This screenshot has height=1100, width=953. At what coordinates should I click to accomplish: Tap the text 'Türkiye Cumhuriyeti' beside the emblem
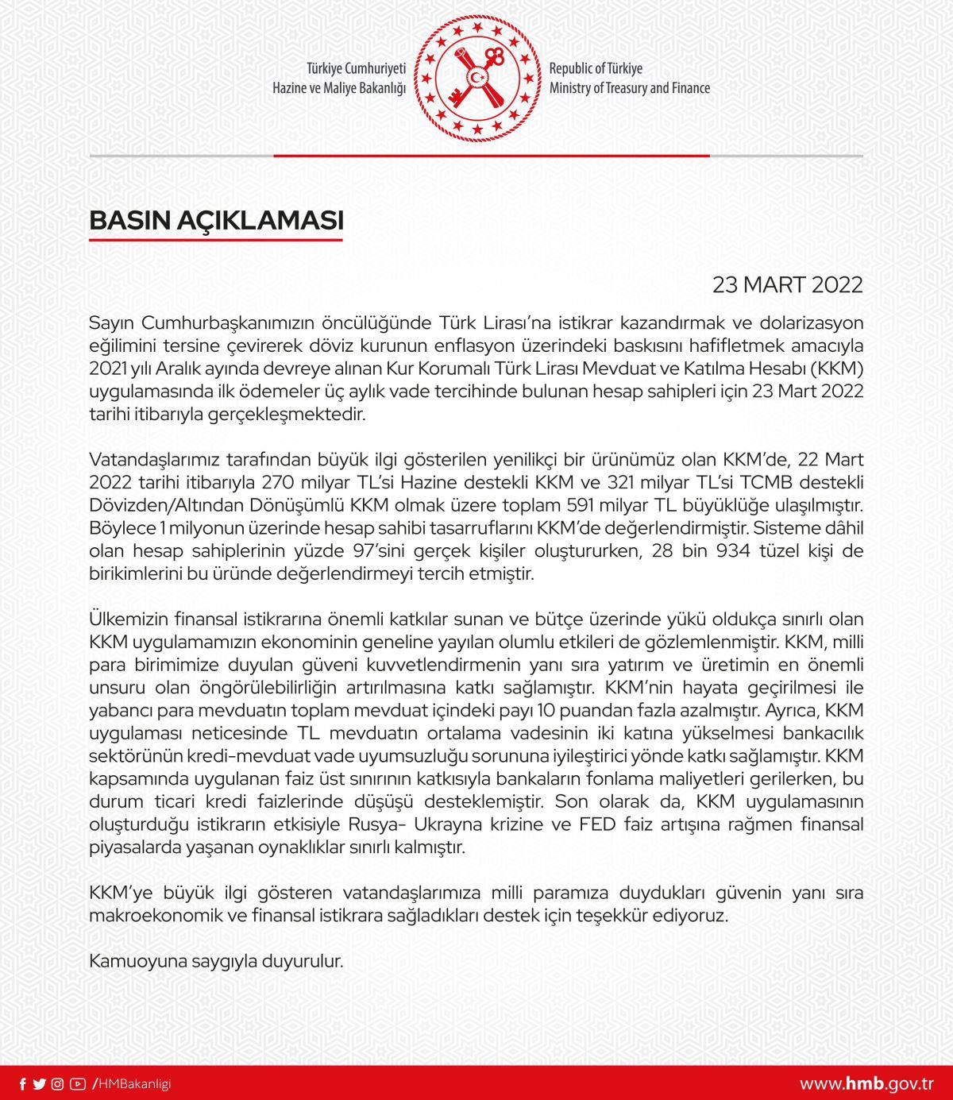pos(357,68)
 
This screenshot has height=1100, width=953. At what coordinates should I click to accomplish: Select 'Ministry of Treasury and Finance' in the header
pos(630,88)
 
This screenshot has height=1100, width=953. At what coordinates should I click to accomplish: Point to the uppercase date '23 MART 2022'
pos(787,285)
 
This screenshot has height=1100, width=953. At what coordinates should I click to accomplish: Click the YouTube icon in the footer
pos(77,1084)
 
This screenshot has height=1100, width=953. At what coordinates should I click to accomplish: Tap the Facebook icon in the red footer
pos(22,1084)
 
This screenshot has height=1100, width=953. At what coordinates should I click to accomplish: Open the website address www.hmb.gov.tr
pos(866,1084)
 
